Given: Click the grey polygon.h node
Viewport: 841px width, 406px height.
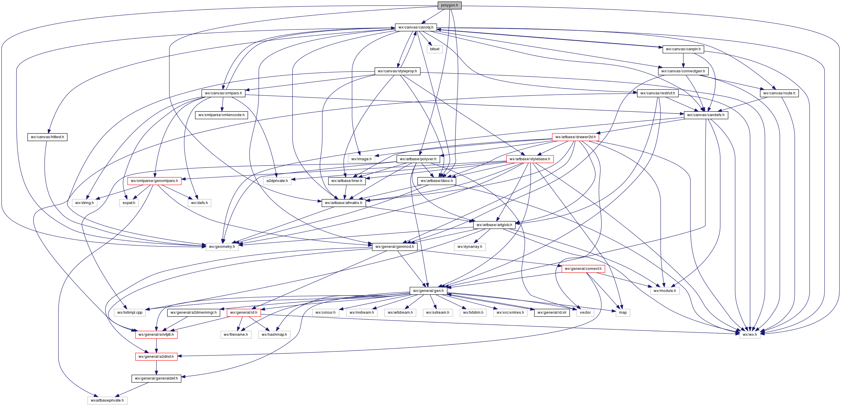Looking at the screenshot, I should click(449, 5).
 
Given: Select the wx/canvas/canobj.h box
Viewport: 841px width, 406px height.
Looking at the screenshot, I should click(416, 27).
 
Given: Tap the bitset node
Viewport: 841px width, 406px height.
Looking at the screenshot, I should click(435, 49).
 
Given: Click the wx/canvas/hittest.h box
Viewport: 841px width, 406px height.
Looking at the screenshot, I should click(47, 137).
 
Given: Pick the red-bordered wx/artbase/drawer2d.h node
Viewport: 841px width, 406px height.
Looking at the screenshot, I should click(575, 137).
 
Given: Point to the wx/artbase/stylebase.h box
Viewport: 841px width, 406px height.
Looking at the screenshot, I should click(530, 159).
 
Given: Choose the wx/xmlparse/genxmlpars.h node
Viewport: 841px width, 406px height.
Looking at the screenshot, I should click(154, 181).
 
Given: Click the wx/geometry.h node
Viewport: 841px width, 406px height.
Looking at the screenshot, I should click(222, 247).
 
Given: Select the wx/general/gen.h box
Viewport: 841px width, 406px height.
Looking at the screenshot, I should click(428, 291).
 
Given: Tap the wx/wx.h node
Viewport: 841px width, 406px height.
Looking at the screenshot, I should click(750, 335).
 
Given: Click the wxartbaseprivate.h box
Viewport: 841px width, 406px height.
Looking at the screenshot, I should click(107, 400).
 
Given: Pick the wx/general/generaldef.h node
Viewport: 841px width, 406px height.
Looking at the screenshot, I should click(156, 379).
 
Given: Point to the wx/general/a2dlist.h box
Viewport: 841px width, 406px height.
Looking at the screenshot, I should click(156, 357).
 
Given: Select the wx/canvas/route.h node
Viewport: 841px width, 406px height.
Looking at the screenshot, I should click(779, 93).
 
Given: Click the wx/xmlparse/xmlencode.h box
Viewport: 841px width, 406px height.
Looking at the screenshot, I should click(221, 115).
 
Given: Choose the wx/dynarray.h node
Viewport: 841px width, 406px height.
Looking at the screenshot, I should click(470, 247).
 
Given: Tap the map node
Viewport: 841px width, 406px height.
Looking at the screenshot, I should click(623, 313).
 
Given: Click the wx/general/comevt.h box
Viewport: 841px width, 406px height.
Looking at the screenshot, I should click(583, 269).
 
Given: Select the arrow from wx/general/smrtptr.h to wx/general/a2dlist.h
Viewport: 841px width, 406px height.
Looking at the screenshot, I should click(156, 346).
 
